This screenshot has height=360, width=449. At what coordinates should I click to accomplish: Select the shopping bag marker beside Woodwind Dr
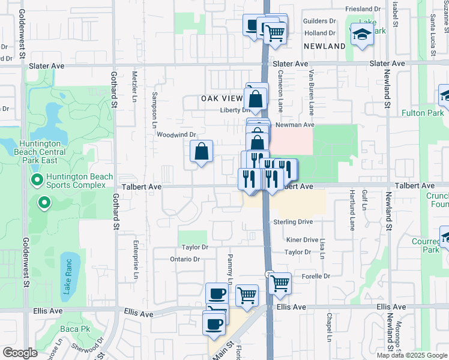pyautogui.click(x=202, y=152)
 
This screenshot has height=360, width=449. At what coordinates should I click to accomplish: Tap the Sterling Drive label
pyautogui.click(x=293, y=222)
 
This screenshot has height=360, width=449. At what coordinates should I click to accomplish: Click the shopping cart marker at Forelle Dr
pyautogui.click(x=279, y=283)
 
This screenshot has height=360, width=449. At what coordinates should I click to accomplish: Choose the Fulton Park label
pyautogui.click(x=423, y=113)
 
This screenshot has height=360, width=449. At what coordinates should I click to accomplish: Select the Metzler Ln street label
pyautogui.click(x=135, y=86)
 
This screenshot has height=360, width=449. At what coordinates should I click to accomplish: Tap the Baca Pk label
pyautogui.click(x=75, y=329)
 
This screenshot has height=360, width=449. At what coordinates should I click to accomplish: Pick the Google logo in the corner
pyautogui.click(x=20, y=353)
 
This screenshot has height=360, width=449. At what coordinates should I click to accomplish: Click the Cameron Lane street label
pyautogui.click(x=280, y=90)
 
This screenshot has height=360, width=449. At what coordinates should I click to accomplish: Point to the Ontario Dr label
pyautogui.click(x=185, y=259)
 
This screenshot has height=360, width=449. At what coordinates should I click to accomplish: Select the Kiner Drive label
pyautogui.click(x=302, y=239)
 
